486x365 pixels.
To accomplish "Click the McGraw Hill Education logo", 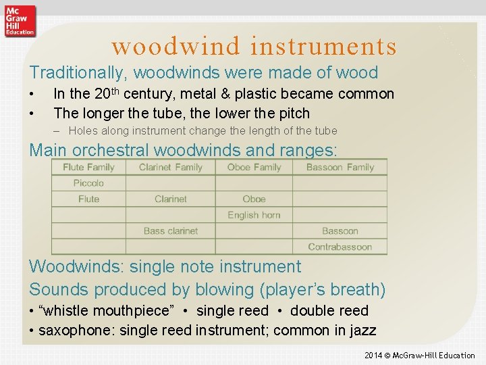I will coord(19,20).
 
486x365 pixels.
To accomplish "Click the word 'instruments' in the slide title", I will coord(323,46).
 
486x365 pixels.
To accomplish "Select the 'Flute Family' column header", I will coord(88,167).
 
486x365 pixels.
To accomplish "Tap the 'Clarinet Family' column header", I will coord(171,167).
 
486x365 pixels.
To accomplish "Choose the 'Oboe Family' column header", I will coord(254,167).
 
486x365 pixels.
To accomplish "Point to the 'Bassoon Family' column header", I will coord(340,167).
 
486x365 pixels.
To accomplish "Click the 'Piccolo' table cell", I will coord(88,183).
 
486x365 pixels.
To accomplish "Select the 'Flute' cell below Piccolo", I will coord(88,199).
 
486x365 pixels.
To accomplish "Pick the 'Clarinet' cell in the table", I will coord(171,199).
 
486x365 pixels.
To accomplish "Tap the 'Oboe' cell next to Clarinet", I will coord(254,199).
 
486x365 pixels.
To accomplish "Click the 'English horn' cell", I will coord(254,215).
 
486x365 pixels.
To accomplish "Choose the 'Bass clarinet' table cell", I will coord(171,231).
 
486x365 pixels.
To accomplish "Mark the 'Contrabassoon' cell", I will coord(340,247).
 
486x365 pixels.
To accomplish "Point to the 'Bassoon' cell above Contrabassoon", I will coord(340,231).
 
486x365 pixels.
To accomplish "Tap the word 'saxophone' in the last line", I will coord(72,331).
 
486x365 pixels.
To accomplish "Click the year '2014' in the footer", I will coord(373,356).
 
